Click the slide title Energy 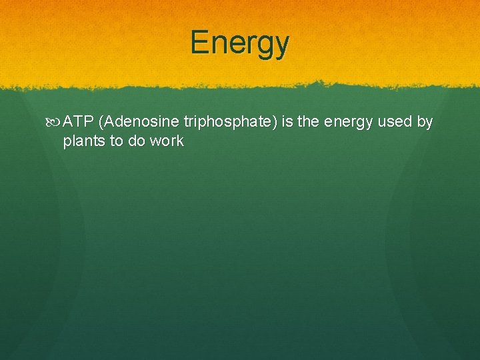pos(240,43)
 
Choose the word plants pos(83,141)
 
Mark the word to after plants pos(116,141)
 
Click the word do pos(137,141)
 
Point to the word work pos(167,141)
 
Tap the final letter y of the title pos(282,45)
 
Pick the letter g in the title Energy pos(265,45)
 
